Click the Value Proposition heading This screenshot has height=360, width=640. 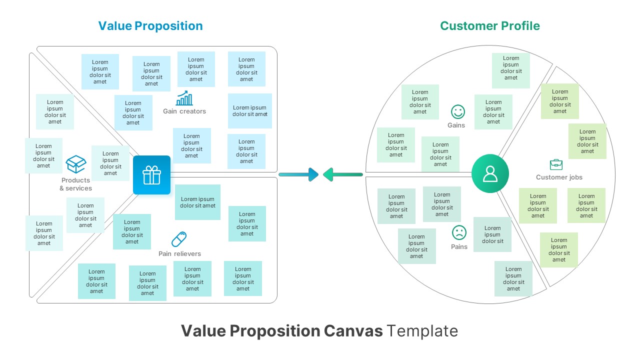[150, 26]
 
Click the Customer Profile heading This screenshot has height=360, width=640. [489, 26]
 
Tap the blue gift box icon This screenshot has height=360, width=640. [151, 175]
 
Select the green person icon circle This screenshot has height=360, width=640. [490, 173]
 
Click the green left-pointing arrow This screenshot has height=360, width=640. [342, 174]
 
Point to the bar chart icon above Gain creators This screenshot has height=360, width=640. [184, 98]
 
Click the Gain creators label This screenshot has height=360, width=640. [184, 111]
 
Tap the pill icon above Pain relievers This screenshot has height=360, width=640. [179, 239]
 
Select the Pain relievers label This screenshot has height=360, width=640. [179, 254]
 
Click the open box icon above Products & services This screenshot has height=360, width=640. [76, 164]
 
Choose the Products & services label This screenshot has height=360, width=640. [75, 184]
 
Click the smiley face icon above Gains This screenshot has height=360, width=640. [457, 111]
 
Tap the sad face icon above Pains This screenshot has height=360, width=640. [458, 232]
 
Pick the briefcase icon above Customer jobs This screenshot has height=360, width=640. [556, 164]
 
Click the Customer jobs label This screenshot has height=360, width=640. [559, 177]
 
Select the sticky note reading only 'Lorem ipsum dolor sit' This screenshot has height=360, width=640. [492, 234]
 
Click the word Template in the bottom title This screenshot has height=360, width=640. [422, 331]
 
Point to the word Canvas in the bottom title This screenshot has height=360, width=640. [353, 331]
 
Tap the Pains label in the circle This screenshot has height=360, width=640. [459, 246]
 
